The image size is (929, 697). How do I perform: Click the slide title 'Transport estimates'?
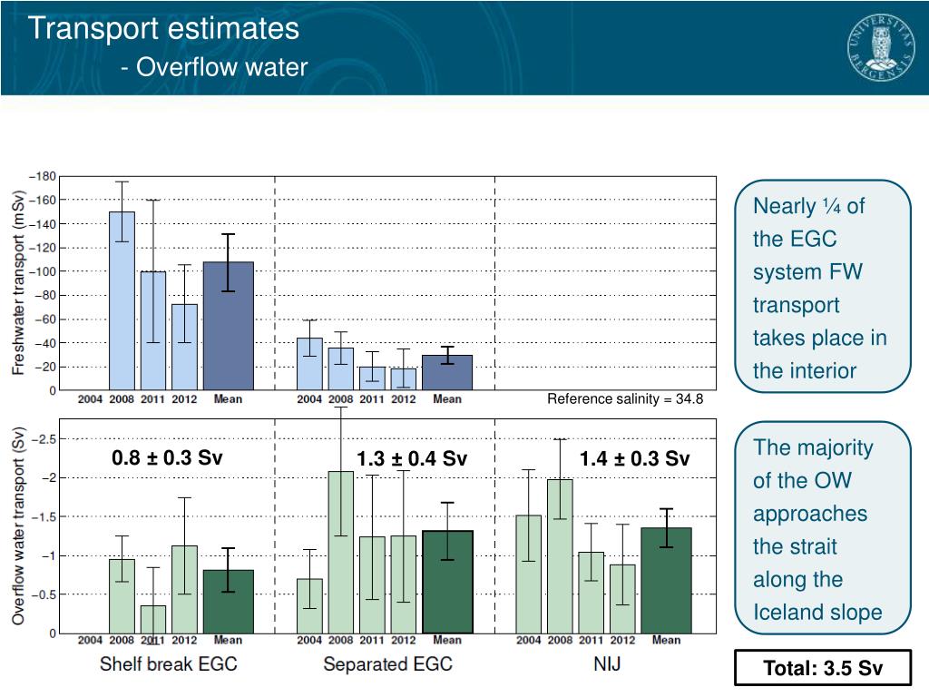pos(163,29)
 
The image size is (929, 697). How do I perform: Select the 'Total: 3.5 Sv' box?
pos(822,669)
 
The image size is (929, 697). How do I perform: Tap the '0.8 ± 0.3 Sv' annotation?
pos(167,457)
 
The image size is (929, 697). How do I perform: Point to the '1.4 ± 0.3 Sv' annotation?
pos(634,459)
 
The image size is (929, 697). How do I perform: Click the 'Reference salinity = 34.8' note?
pos(624,399)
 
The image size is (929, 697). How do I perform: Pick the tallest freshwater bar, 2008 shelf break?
pos(122,299)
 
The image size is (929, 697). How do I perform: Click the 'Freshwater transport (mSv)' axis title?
pos(18,282)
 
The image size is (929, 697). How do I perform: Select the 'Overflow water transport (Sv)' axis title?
pos(18,525)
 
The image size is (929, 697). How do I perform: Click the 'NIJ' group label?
pos(607,664)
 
